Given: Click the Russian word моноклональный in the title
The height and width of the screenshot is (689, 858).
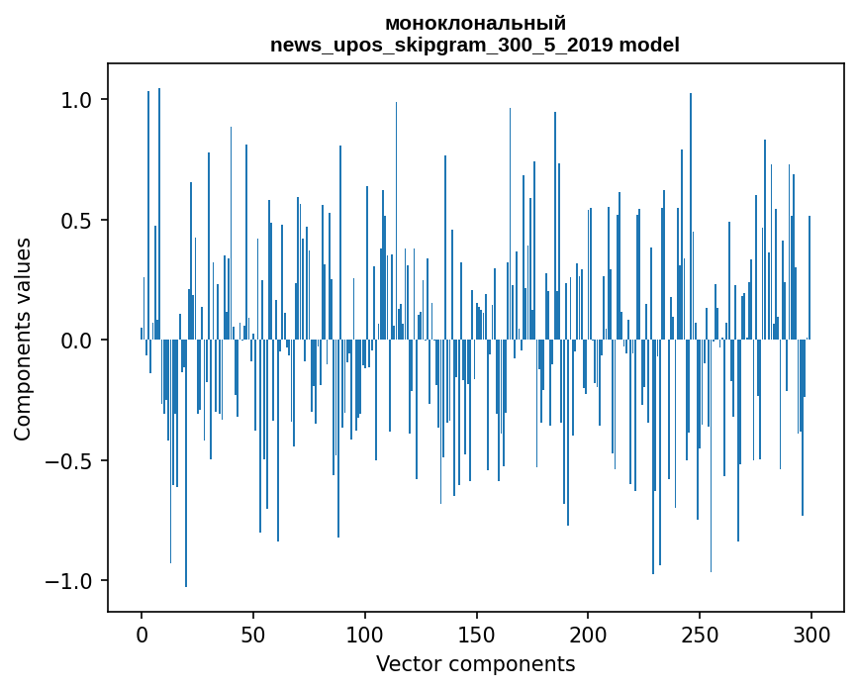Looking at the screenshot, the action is point(475,24).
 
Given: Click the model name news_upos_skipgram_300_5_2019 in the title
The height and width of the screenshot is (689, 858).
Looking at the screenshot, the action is point(441,45).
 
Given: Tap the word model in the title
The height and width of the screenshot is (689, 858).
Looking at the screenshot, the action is point(649,45).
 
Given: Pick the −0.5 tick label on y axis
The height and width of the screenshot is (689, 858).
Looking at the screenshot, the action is point(71,460).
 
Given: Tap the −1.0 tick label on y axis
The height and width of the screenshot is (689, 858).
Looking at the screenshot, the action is point(71,581).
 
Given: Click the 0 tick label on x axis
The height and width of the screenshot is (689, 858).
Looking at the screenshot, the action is point(142,636).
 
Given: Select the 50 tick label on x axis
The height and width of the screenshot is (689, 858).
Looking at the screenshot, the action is point(252,636).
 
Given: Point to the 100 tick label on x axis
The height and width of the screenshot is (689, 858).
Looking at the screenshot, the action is point(364,636).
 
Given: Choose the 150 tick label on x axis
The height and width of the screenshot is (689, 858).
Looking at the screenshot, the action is point(476,636).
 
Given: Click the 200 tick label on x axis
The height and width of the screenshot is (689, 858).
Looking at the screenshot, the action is point(588,636).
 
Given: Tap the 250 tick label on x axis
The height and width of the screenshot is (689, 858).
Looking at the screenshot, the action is point(700,636).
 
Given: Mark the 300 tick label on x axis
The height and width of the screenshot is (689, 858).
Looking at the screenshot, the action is point(810,636).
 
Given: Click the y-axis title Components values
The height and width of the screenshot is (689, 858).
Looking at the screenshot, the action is point(23,340).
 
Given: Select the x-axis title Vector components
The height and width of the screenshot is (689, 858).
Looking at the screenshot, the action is point(475,664).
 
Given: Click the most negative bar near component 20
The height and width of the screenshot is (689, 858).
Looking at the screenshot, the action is point(186,463).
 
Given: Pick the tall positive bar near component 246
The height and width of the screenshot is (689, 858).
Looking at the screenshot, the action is point(691,216).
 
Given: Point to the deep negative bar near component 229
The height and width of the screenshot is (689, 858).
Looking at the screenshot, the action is point(653,457).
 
